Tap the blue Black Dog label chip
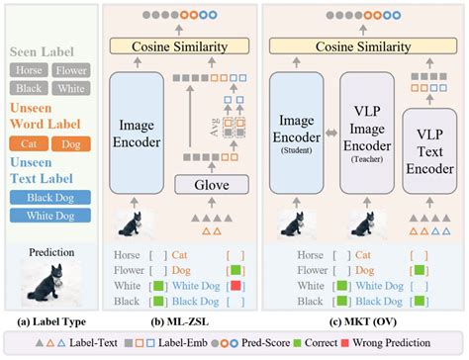tap(47, 196)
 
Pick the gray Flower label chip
tap(70, 70)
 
